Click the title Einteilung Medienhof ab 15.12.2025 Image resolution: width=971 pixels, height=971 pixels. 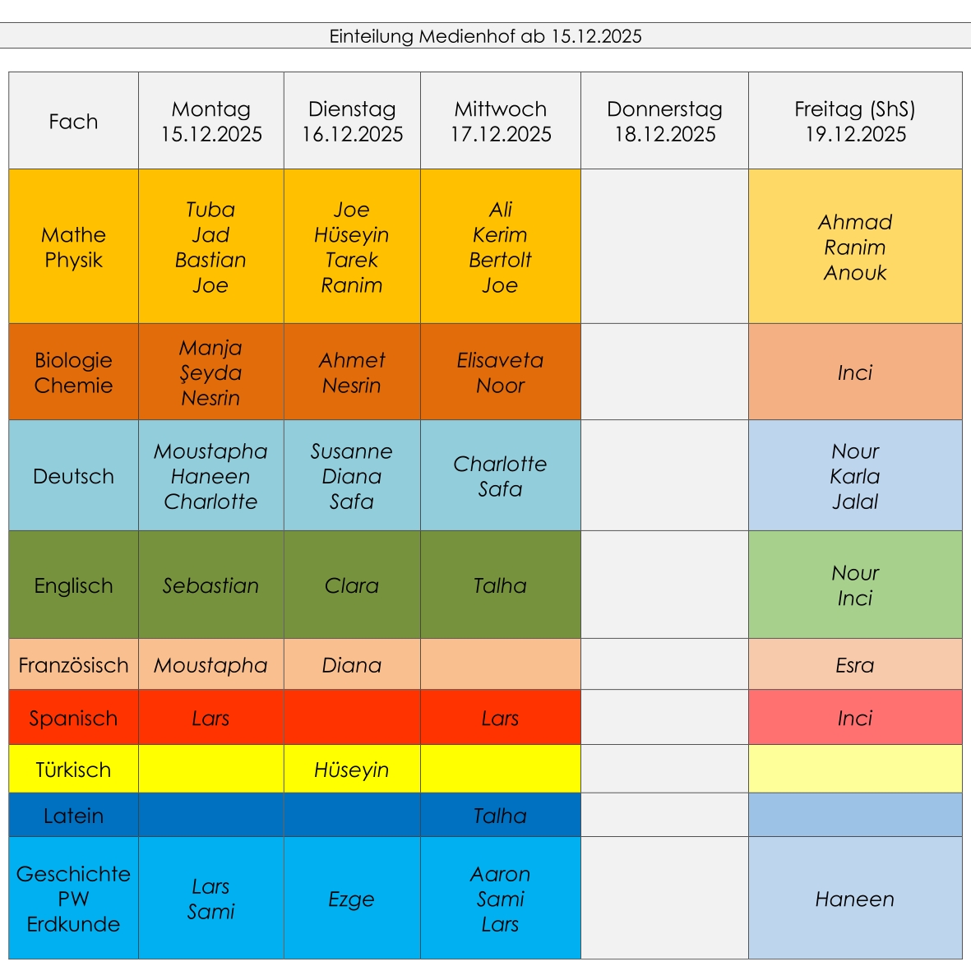point(485,36)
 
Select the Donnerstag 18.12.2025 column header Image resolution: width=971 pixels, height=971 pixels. point(664,121)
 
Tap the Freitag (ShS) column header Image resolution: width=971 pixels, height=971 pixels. point(855,121)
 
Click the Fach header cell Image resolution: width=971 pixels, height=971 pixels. point(73,122)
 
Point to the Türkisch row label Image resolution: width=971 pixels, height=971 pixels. point(73,770)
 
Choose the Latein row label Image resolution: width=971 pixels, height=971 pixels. point(73,816)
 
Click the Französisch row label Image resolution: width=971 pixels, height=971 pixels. point(73,665)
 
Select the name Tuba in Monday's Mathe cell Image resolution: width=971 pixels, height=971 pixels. point(210,210)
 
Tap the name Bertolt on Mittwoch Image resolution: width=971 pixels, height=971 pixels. point(500,260)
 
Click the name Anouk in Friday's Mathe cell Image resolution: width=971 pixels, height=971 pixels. point(855,273)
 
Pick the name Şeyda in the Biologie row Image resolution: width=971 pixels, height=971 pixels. point(210,372)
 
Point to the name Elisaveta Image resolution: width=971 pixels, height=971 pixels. point(500,360)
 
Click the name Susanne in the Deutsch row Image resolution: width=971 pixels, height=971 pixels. point(351,451)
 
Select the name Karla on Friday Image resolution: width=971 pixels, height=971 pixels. point(855,476)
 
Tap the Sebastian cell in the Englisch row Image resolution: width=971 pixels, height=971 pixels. point(210,585)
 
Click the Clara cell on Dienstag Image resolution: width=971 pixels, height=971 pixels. point(351,585)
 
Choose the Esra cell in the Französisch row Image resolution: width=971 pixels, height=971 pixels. point(855,665)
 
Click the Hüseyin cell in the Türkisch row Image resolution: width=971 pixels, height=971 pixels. point(351,770)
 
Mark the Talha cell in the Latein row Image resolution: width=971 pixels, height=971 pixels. point(500,816)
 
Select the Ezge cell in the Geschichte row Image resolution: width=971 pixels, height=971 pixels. point(351,899)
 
